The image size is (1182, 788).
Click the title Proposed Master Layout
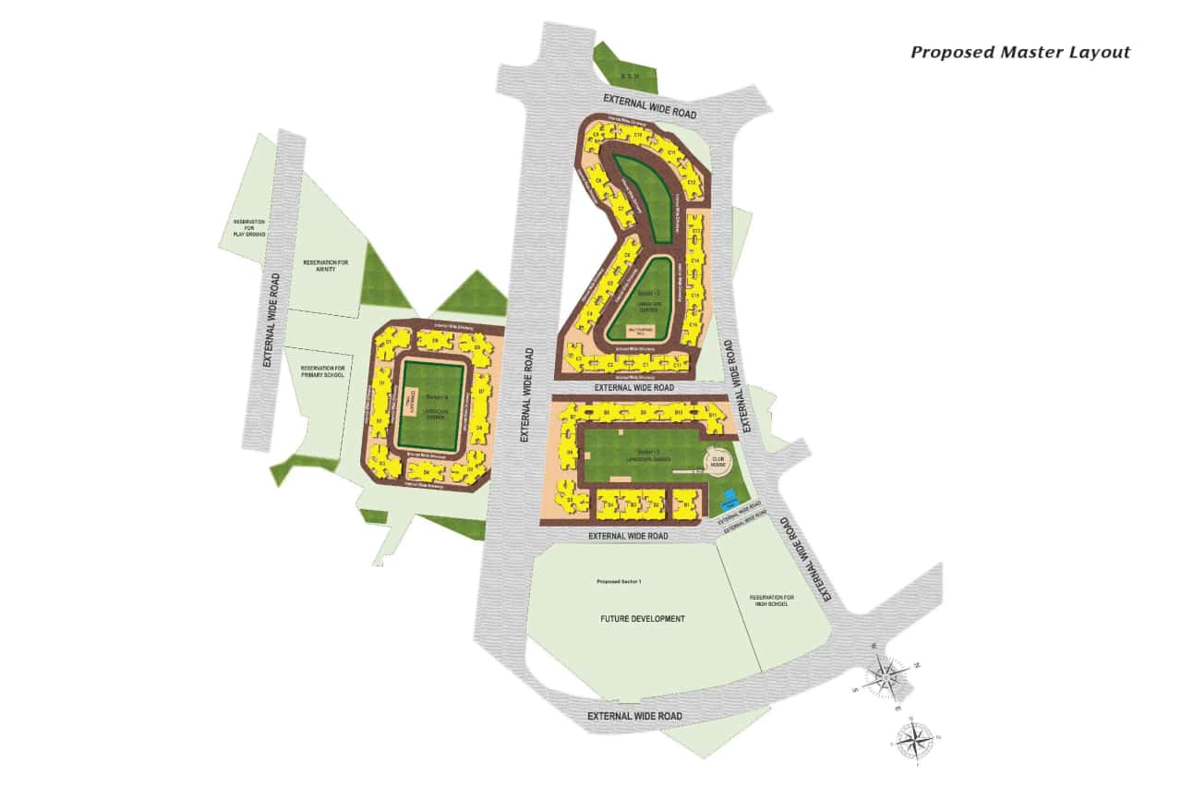tap(1019, 53)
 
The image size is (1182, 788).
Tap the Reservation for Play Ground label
tap(249, 228)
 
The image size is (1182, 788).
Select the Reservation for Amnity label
tap(326, 266)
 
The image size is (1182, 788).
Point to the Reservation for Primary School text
tap(322, 371)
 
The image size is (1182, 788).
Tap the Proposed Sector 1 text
tap(619, 582)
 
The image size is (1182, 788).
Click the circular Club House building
tap(717, 459)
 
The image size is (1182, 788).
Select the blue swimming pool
tap(730, 501)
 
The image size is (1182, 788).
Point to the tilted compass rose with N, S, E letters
tap(886, 677)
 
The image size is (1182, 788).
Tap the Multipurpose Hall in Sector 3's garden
tap(641, 330)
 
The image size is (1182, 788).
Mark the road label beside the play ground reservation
tap(271, 320)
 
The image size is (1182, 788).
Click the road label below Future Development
tap(634, 716)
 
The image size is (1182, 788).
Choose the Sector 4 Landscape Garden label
tap(436, 408)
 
